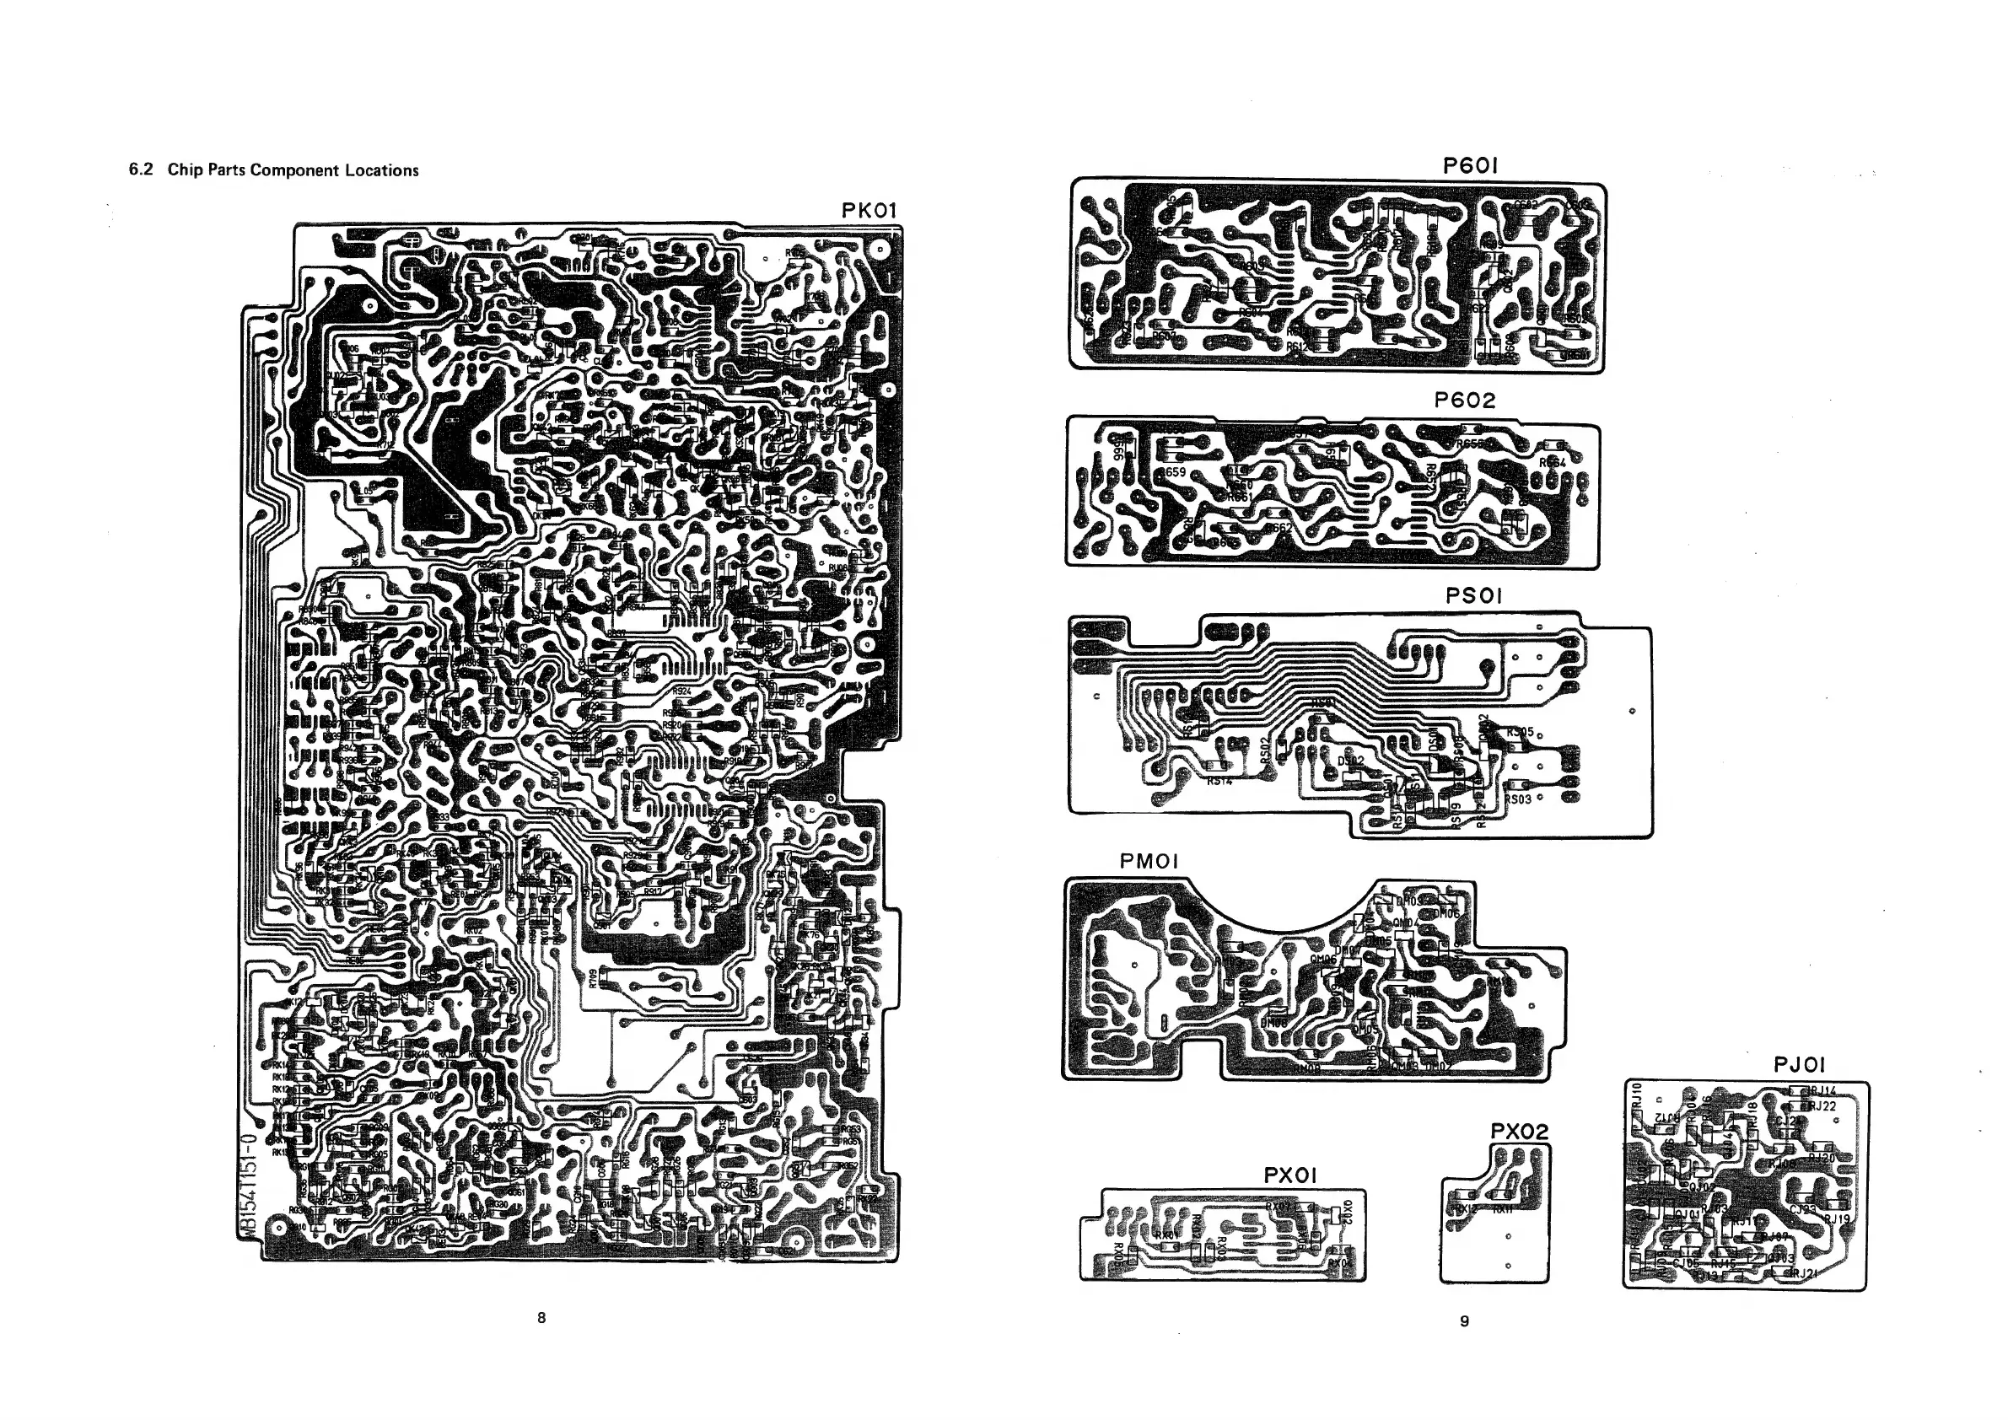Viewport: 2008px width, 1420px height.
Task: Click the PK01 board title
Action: point(869,211)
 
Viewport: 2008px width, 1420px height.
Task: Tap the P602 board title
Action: point(1465,401)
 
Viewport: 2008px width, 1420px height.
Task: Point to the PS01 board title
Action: point(1473,596)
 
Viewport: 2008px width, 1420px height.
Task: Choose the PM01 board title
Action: point(1149,862)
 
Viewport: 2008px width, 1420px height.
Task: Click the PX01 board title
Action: point(1290,1176)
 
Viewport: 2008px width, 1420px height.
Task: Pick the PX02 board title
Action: point(1519,1132)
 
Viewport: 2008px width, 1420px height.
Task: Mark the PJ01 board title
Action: point(1799,1065)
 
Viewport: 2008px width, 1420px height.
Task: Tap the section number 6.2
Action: point(141,169)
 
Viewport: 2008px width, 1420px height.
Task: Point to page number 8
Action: point(541,1318)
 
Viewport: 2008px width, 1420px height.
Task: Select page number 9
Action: point(1465,1321)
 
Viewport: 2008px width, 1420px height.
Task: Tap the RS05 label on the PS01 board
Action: point(1520,732)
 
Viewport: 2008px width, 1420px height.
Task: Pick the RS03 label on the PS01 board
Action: point(1518,799)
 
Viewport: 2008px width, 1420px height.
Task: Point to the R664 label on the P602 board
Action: point(1553,463)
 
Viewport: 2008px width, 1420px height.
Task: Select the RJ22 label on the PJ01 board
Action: point(1822,1106)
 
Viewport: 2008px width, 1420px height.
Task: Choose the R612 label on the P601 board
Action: point(1297,347)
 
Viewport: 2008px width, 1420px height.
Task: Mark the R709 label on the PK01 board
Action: point(592,978)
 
